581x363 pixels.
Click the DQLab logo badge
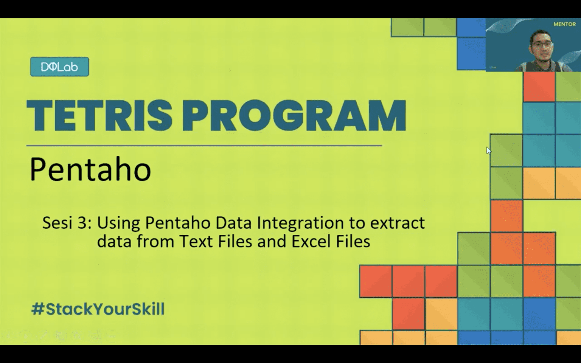coord(59,67)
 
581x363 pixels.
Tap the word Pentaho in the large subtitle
coord(90,169)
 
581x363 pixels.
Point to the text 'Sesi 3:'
coord(67,223)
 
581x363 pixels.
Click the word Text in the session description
coord(195,241)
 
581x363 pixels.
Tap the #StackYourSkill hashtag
coord(98,309)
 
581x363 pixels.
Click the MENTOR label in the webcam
coord(564,24)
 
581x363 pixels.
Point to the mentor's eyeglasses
coord(542,44)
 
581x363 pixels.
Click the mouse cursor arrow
coord(488,150)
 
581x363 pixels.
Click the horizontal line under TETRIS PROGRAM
coord(204,145)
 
